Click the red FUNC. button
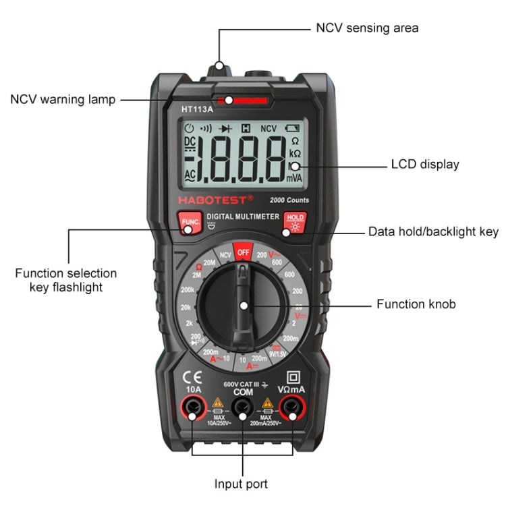coord(188,222)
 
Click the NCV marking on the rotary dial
coord(225,254)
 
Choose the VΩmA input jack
coord(292,406)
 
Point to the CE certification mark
coord(191,377)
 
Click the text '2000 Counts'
coord(289,200)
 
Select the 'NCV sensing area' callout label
coord(367,28)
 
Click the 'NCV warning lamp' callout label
coord(63,100)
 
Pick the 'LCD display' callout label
coord(425,164)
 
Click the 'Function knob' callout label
coord(416,304)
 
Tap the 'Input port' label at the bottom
coord(241,484)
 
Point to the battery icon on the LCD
coord(292,128)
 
